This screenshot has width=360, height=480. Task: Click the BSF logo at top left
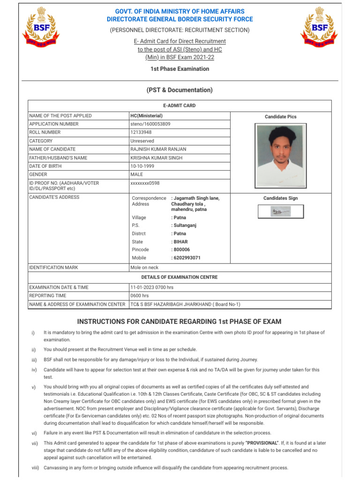tap(41, 29)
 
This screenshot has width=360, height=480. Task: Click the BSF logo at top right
tap(318, 29)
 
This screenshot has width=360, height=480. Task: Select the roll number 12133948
tap(141, 133)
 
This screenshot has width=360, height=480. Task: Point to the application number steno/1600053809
tap(150, 124)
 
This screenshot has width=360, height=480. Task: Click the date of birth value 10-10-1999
tap(142, 166)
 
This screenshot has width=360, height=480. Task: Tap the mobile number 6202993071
tap(187, 258)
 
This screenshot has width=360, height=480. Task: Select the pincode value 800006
tap(181, 250)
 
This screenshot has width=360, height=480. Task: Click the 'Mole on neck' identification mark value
tap(144, 268)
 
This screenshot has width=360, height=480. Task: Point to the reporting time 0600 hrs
tap(139, 296)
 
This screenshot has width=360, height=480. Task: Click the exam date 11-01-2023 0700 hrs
tap(151, 287)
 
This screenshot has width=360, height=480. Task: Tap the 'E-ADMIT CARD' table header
tap(180, 106)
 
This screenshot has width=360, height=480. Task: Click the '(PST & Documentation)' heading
tap(180, 90)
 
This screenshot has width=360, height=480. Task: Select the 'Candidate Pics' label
tap(280, 117)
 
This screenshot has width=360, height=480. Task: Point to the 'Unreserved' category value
tap(142, 141)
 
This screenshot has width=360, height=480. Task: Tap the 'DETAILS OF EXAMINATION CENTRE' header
tap(180, 277)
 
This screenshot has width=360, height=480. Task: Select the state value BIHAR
tap(180, 242)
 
